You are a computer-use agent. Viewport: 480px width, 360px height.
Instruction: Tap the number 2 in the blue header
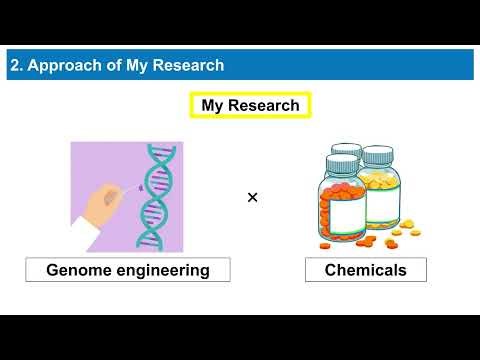[x=15, y=66]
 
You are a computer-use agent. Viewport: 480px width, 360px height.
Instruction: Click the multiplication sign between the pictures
[x=252, y=197]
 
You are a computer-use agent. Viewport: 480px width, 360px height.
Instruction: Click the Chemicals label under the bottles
[x=365, y=270]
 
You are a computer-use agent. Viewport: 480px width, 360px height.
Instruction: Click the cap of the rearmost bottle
[x=346, y=149]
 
